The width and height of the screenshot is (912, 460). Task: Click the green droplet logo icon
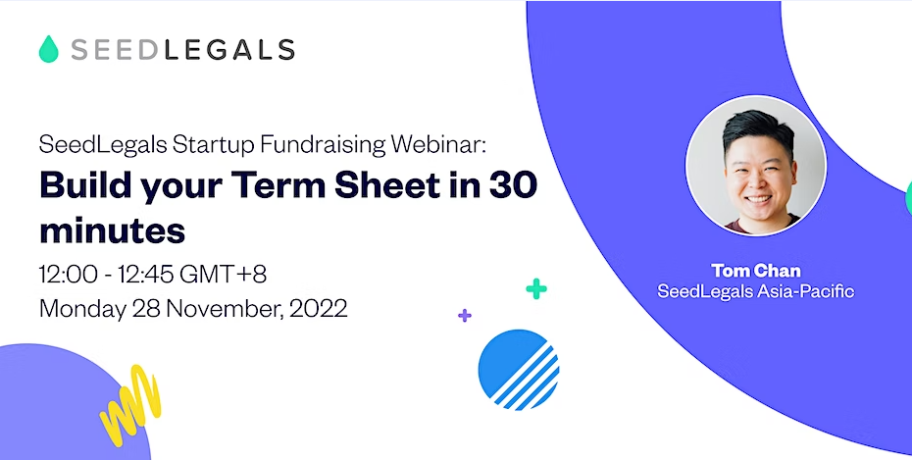49,49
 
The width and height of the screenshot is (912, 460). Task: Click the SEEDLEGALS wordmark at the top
182,49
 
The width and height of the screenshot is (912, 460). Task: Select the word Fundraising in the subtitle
323,145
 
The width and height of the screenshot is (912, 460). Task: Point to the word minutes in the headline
112,230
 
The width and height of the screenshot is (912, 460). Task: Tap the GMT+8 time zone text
224,274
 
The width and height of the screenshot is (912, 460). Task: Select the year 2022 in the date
318,308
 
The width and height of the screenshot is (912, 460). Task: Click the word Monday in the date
82,308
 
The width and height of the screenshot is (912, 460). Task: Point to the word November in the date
226,308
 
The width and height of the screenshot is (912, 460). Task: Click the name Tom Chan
755,271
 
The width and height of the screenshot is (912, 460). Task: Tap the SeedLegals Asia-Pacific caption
755,290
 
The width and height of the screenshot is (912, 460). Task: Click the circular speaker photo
755,165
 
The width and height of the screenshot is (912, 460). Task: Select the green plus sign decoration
536,288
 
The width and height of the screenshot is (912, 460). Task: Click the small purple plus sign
464,316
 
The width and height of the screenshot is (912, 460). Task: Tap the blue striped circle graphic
518,370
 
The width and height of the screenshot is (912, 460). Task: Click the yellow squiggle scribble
130,404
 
